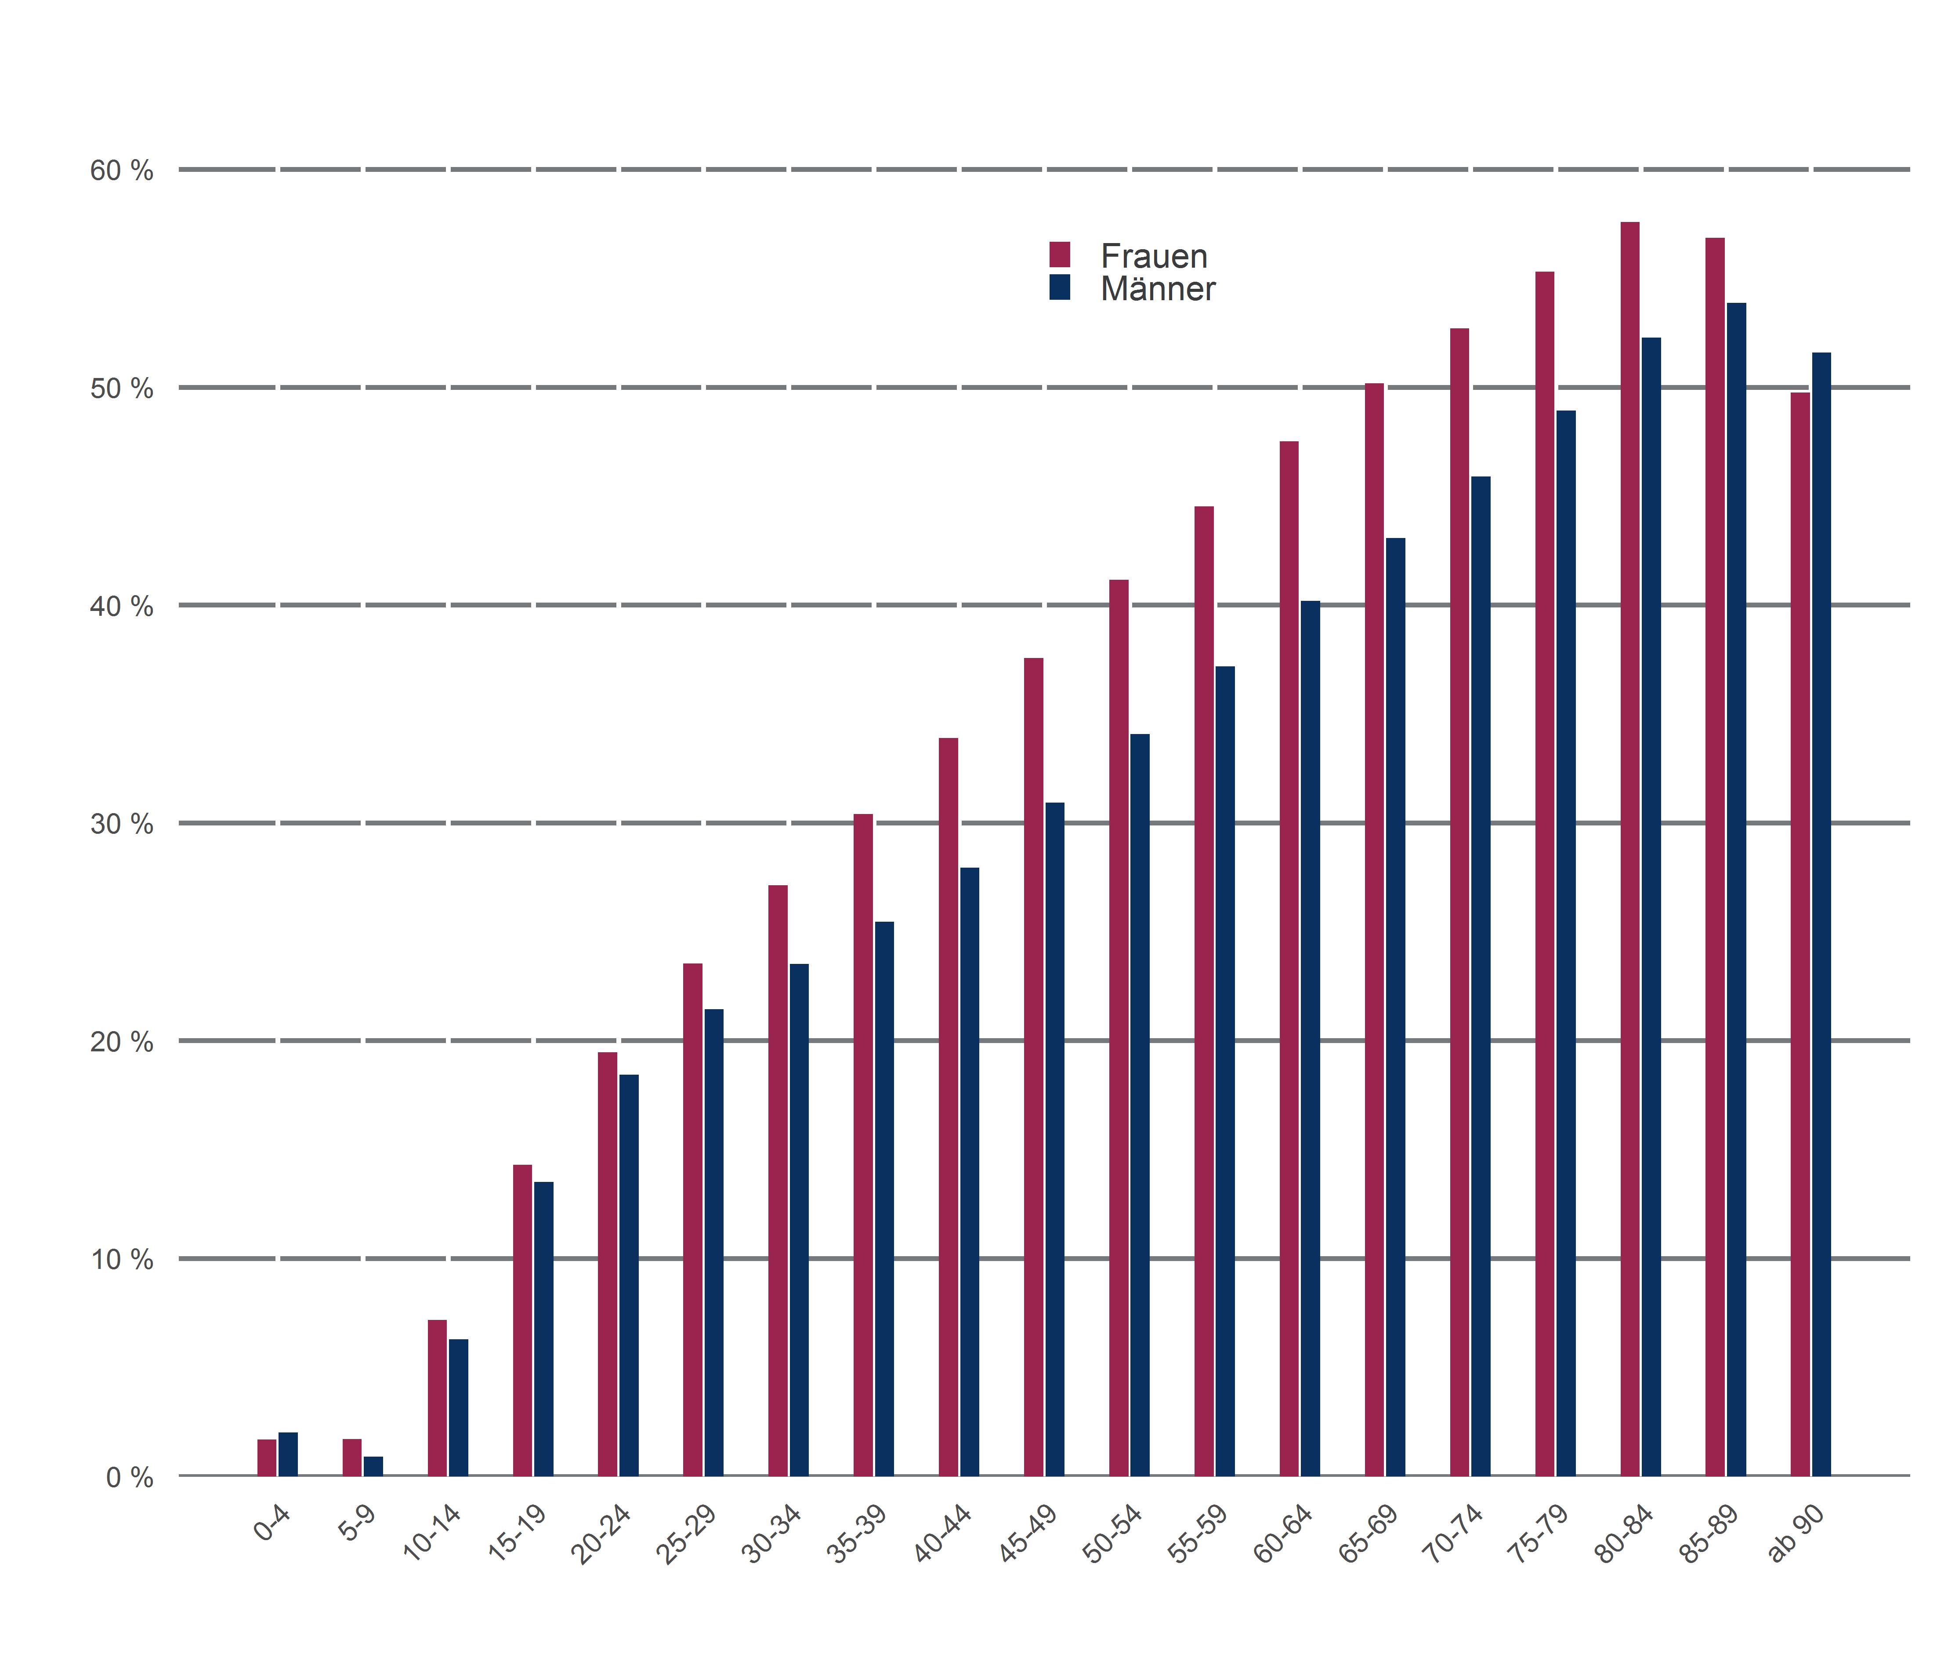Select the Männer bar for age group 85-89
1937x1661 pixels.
(x=1736, y=888)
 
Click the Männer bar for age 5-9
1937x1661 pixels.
(x=373, y=1465)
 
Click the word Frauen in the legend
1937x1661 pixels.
(x=1154, y=256)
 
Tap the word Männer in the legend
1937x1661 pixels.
(x=1157, y=289)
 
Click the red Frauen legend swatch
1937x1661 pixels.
(x=1059, y=254)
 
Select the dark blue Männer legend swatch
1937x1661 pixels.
(x=1059, y=287)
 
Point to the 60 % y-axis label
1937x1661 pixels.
(x=122, y=170)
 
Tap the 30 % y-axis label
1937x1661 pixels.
(x=122, y=824)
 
